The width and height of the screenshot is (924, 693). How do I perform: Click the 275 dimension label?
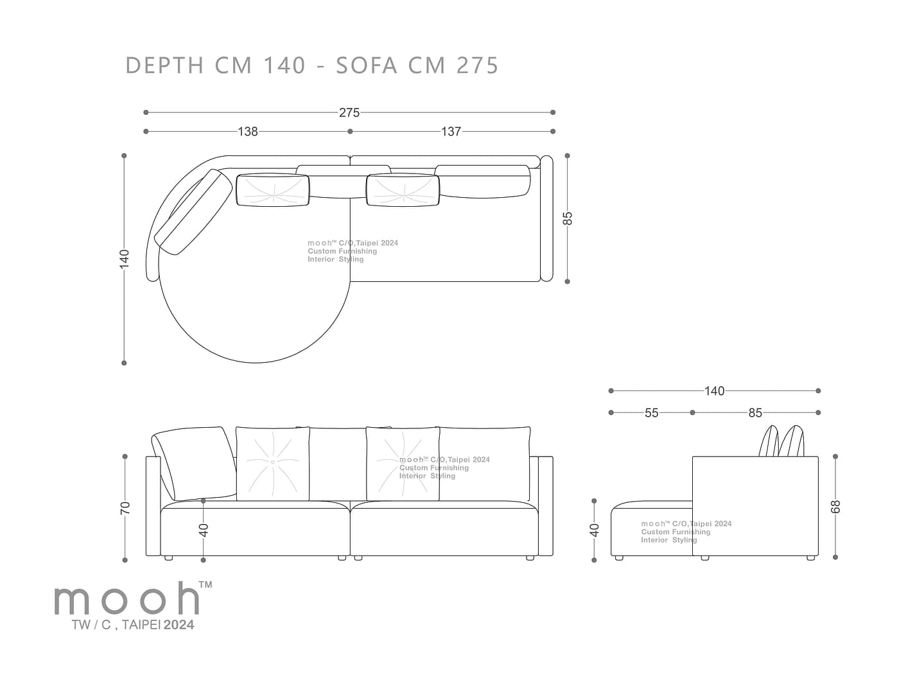(x=349, y=113)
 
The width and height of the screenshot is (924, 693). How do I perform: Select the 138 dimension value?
(x=247, y=132)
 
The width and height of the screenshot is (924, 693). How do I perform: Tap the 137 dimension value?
(x=451, y=132)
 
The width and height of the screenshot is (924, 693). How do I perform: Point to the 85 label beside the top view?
(x=568, y=218)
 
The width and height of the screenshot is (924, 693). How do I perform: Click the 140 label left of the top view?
(x=124, y=259)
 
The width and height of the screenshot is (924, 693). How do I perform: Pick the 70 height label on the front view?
(x=125, y=508)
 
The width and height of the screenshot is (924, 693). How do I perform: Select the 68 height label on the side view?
(x=835, y=507)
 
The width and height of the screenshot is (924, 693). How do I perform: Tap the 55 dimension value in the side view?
(x=651, y=413)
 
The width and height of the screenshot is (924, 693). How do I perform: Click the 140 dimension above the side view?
(x=715, y=391)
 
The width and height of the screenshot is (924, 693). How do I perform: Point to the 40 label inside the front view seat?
(x=204, y=531)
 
